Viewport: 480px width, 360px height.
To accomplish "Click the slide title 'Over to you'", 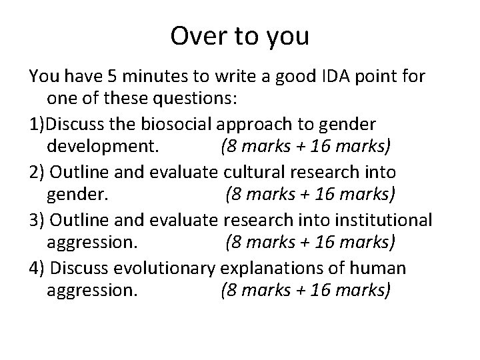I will tap(239, 36).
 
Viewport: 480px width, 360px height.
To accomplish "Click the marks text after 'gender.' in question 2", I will tap(311, 195).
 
